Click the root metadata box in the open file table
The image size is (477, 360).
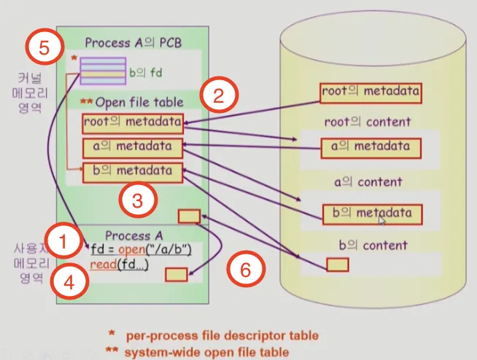click(x=132, y=122)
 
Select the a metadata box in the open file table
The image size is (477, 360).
click(x=132, y=147)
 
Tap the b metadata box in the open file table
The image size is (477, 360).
click(x=132, y=172)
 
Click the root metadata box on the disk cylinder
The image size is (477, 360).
click(x=371, y=93)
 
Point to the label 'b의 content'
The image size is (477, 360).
click(x=375, y=245)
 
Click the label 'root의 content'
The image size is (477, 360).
click(x=368, y=122)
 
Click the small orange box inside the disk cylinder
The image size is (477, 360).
click(x=337, y=265)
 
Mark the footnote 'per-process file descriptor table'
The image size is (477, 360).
click(x=222, y=335)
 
